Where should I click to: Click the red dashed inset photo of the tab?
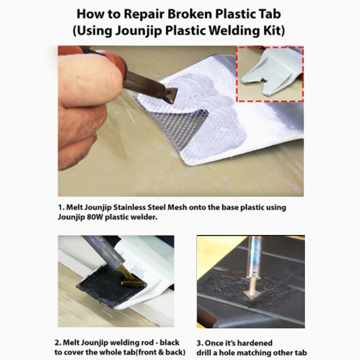pyautogui.click(x=270, y=74)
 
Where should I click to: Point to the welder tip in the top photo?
pyautogui.click(x=171, y=95)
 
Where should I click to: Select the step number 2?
pyautogui.click(x=58, y=343)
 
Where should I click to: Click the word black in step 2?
pyautogui.click(x=170, y=343)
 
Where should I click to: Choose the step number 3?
pyautogui.click(x=199, y=343)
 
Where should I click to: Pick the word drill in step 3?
pyautogui.click(x=204, y=353)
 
